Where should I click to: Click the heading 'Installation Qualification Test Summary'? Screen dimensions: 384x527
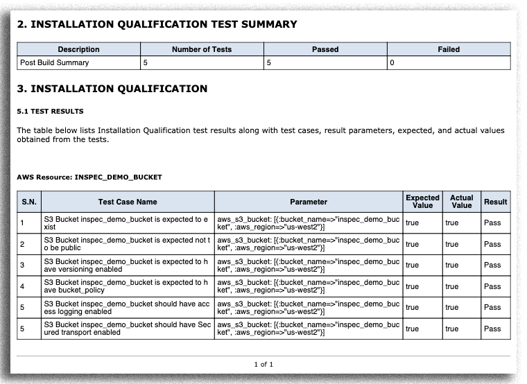(157, 24)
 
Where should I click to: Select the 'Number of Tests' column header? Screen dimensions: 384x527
(202, 49)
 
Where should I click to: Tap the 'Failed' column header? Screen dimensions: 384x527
(449, 49)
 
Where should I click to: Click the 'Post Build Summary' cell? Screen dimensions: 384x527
(55, 62)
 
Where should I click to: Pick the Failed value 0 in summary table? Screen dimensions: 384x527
(392, 62)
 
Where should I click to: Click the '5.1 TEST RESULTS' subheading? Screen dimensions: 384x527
(50, 111)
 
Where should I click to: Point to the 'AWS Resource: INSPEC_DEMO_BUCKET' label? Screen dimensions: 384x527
(89, 177)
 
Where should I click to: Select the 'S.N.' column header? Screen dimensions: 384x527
(28, 202)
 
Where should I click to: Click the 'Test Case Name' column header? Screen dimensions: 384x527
(128, 202)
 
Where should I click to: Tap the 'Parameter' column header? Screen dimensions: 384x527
(309, 202)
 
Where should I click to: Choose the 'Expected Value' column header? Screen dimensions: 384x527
(422, 202)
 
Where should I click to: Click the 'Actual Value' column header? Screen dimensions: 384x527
(461, 202)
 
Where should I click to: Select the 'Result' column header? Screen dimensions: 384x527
(496, 202)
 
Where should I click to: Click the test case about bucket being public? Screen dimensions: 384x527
(126, 244)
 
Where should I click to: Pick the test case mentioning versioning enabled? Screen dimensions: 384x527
(126, 265)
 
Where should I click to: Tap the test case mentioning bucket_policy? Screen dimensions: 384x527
(126, 286)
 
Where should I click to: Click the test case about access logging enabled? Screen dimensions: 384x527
(126, 307)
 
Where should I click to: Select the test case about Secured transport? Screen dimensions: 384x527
(126, 329)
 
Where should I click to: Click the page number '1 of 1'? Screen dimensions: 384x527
(263, 364)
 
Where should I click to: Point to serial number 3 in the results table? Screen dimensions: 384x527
(22, 265)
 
